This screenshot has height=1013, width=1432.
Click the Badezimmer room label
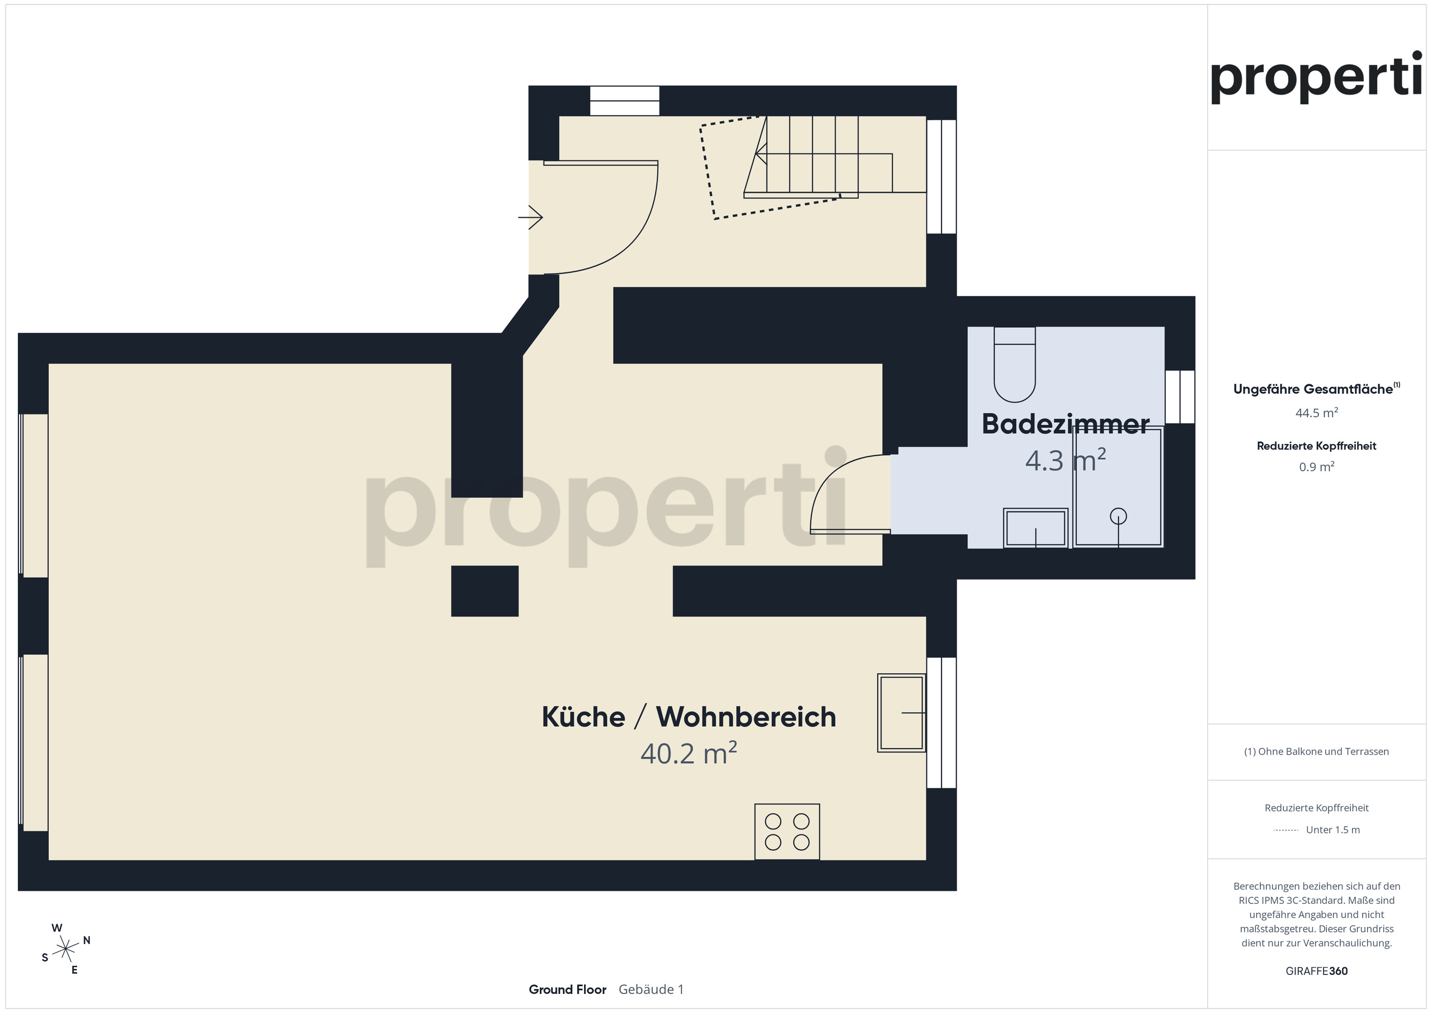point(1064,425)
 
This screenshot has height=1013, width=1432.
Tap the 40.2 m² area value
point(688,753)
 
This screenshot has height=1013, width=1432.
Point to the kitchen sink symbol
point(901,712)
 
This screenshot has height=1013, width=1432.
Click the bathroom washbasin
point(1035,529)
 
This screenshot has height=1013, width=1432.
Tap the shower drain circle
point(1118,516)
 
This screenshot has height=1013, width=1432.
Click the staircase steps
point(823,156)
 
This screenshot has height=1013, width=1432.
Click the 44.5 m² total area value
point(1316,413)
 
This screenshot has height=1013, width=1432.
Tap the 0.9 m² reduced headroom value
point(1316,467)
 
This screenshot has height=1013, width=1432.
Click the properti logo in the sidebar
point(1316,77)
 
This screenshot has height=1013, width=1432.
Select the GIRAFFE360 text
point(1316,971)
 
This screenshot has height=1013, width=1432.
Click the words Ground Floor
point(567,990)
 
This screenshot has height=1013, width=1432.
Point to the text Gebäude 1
point(651,990)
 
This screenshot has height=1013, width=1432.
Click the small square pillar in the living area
point(484,591)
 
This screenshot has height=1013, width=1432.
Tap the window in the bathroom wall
point(1179,397)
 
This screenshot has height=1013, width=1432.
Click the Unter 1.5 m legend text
point(1332,830)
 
